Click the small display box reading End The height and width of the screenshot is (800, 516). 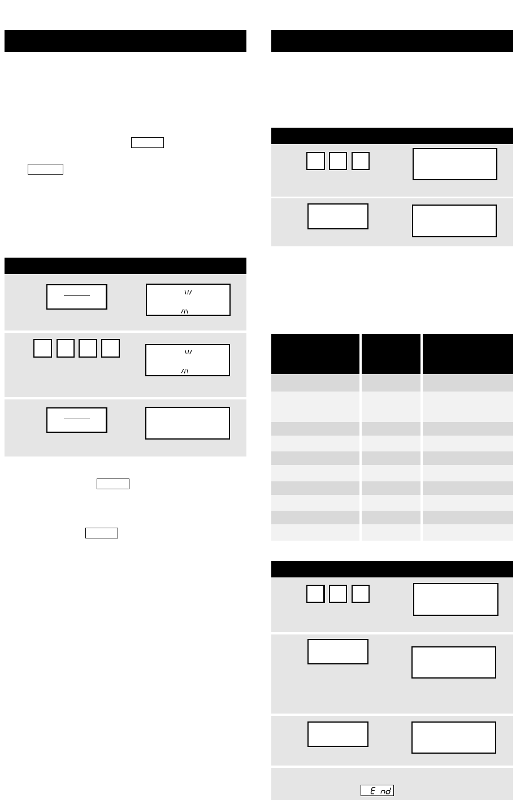377,790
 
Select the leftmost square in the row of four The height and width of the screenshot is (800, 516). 42,348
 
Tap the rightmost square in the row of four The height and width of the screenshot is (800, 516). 110,348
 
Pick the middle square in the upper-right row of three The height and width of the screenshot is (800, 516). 337,160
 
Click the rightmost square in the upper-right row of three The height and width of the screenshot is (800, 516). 361,160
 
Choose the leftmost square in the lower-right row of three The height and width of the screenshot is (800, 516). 315,594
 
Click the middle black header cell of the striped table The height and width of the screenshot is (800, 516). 391,354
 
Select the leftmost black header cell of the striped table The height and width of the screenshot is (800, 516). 315,354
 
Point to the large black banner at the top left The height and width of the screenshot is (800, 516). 125,41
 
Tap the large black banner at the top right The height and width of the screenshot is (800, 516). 392,41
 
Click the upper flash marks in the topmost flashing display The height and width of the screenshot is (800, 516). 188,293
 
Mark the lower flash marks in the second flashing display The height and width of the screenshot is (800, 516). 184,371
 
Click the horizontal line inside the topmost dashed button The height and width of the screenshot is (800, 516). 77,295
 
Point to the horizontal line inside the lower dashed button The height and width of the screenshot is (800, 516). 77,419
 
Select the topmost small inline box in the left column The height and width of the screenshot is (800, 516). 148,142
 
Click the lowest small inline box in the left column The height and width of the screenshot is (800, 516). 102,533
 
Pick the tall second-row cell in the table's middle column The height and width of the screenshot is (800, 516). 391,407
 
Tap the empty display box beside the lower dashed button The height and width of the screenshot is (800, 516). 188,423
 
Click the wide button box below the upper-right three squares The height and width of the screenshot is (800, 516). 337,216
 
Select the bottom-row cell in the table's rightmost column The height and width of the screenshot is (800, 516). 468,533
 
